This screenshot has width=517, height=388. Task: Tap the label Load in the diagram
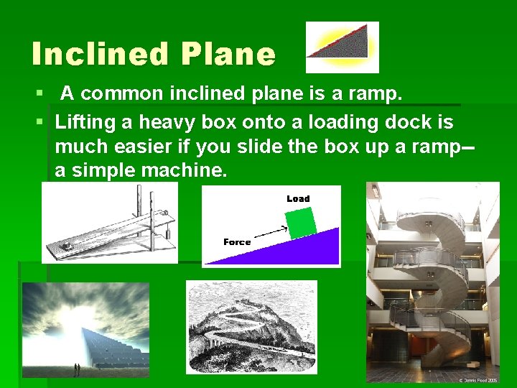298,198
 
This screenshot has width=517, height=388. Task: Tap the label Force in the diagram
237,242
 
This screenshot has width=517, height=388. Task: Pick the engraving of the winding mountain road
251,326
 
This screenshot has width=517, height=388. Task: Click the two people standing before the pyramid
76,369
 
